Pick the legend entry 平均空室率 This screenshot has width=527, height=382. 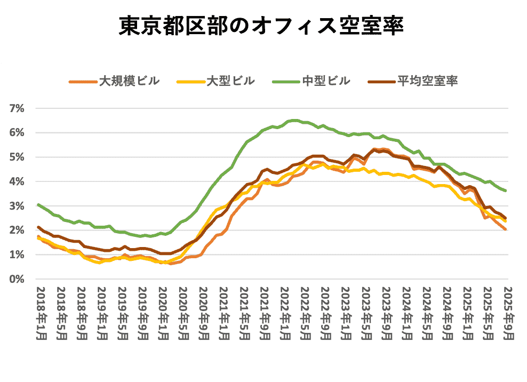[x=427, y=82]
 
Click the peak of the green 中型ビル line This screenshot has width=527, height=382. [x=294, y=120]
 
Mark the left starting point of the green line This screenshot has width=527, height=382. [x=38, y=204]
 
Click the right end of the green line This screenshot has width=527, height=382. [x=505, y=190]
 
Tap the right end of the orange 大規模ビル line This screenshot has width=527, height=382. [x=505, y=229]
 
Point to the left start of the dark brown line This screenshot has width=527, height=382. [x=38, y=227]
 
